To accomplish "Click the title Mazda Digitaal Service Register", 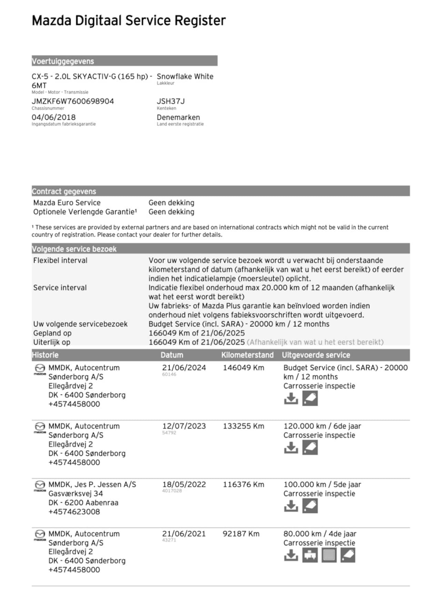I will pyautogui.click(x=129, y=21).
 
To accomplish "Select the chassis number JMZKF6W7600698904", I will pyautogui.click(x=73, y=101).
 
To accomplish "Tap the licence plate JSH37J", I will pyautogui.click(x=171, y=101).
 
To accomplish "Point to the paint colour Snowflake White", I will pyautogui.click(x=185, y=76).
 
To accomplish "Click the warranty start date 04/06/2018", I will pyautogui.click(x=53, y=117).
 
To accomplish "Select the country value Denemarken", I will pyautogui.click(x=178, y=117).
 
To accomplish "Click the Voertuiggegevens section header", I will pyautogui.click(x=63, y=61).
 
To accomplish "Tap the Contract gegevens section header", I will pyautogui.click(x=64, y=191).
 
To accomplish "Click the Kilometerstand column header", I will pyautogui.click(x=247, y=355).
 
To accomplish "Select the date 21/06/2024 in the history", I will pyautogui.click(x=184, y=368).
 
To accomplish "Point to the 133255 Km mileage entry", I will pyautogui.click(x=243, y=426).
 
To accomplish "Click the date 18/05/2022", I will pyautogui.click(x=184, y=484).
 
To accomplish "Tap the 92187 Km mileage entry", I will pyautogui.click(x=241, y=534).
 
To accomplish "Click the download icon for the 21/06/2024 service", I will pyautogui.click(x=291, y=399).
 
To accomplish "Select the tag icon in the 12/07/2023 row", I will pyautogui.click(x=310, y=448).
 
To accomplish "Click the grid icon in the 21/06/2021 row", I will pyautogui.click(x=329, y=555).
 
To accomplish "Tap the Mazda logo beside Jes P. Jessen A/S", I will pyautogui.click(x=40, y=485).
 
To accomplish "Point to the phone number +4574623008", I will pyautogui.click(x=74, y=512).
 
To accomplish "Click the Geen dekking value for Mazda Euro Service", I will pyautogui.click(x=171, y=203).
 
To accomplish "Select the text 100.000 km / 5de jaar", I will pyautogui.click(x=322, y=484).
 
